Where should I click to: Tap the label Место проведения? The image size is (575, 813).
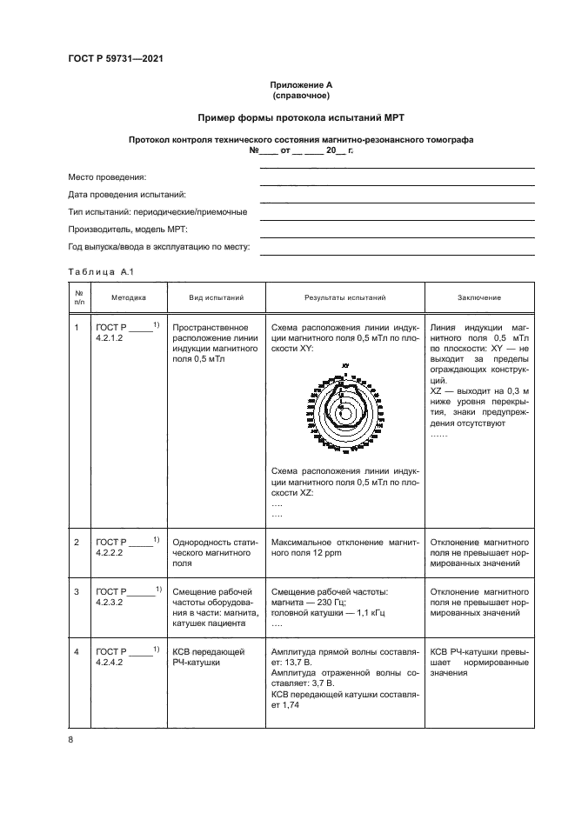107,177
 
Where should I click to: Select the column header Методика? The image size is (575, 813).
129,298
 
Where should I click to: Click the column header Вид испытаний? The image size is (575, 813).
217,298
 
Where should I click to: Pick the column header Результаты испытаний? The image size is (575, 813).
345,298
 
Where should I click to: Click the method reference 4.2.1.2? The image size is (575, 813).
110,337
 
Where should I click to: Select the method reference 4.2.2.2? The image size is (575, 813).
110,551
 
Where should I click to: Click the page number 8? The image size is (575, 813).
70,739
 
